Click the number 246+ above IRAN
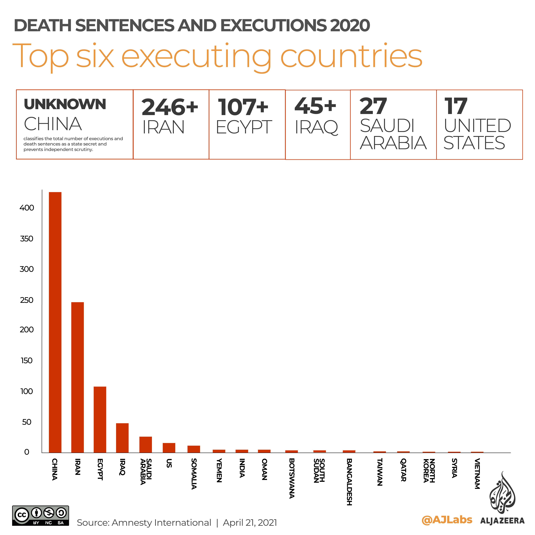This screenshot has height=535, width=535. point(170,107)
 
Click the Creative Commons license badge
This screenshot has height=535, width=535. point(40,516)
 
